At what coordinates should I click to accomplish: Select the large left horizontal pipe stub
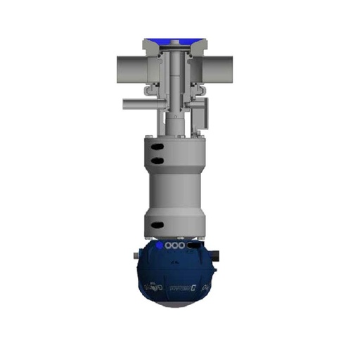pyautogui.click(x=126, y=68)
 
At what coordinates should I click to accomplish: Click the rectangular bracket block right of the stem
pyautogui.click(x=205, y=110)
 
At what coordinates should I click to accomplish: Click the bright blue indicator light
pyautogui.click(x=159, y=246)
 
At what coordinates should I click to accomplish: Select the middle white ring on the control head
pyautogui.click(x=175, y=247)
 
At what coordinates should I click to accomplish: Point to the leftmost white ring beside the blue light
pyautogui.click(x=169, y=247)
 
